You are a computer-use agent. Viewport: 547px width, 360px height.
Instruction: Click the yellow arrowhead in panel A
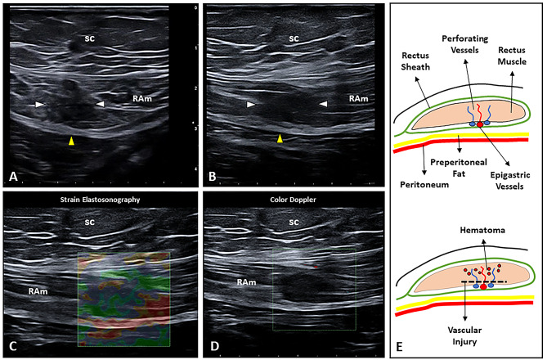click(x=71, y=142)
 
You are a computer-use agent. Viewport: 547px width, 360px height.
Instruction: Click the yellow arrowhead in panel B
click(x=280, y=139)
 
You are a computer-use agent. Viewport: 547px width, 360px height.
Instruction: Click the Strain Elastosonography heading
click(x=101, y=197)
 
